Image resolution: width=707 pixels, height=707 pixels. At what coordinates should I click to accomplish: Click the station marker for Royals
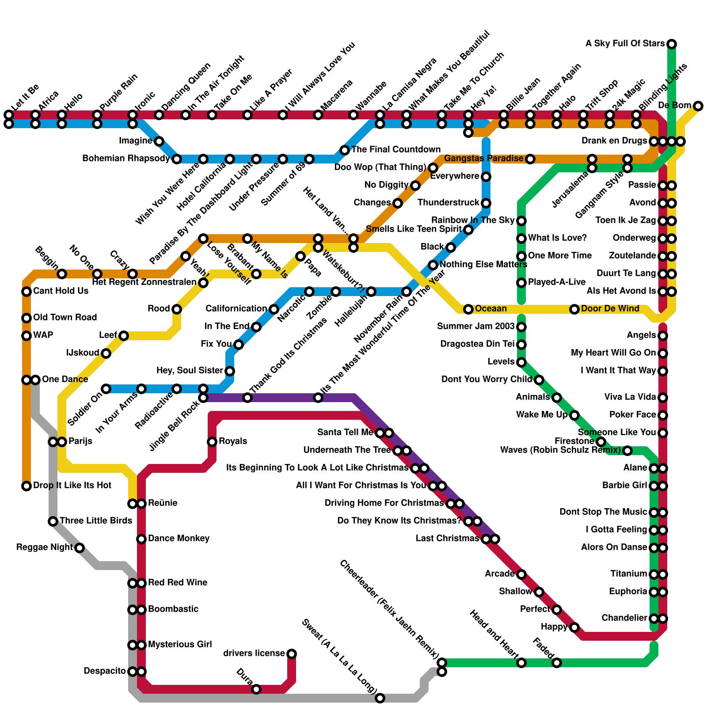212,441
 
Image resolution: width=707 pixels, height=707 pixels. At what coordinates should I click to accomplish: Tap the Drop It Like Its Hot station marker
27,486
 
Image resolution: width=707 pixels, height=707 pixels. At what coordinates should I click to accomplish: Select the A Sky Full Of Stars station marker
672,44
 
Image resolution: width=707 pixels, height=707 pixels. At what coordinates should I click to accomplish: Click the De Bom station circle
698,106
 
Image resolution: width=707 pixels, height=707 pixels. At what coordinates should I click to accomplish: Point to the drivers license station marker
292,654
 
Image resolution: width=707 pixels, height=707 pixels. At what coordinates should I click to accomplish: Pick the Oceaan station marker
468,309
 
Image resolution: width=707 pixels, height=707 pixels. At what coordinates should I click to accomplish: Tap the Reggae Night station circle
80,548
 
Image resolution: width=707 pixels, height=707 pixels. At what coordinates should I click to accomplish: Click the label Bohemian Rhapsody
126,159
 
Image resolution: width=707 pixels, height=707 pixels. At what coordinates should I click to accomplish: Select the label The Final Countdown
396,149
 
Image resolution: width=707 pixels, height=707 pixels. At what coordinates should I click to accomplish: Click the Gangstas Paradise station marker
530,159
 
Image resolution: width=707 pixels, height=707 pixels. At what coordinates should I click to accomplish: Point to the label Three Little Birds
96,521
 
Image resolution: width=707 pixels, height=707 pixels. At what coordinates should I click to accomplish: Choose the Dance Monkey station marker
141,539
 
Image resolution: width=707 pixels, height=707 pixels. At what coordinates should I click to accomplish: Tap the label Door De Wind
610,308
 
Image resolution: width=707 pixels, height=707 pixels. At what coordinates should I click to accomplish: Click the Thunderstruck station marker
486,203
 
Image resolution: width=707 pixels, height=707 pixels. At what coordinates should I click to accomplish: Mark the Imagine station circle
159,141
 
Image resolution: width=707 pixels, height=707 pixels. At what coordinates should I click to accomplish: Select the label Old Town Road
65,317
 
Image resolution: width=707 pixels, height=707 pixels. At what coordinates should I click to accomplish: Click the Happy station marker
574,627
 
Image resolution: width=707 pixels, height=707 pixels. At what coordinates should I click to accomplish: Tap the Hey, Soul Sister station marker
230,371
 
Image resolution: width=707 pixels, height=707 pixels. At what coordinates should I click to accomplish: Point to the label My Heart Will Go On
613,353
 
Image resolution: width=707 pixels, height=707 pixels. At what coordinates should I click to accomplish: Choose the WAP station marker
27,336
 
